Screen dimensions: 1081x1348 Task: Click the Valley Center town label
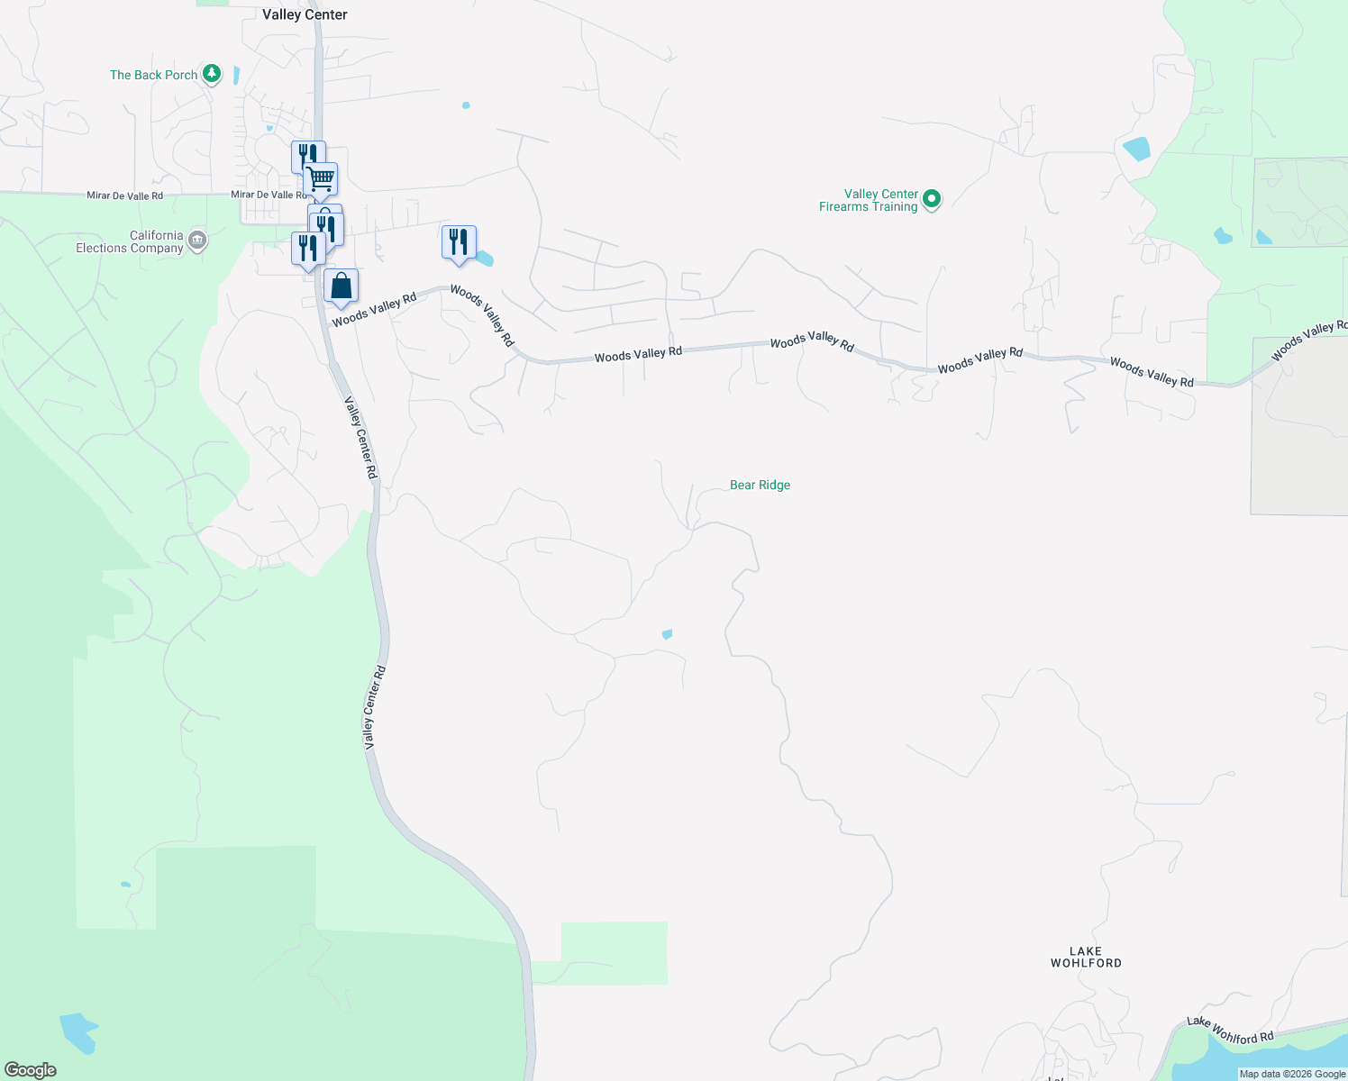305,14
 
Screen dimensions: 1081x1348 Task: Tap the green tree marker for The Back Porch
212,74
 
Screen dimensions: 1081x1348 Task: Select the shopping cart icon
321,178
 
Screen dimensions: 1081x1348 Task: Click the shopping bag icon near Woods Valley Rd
342,286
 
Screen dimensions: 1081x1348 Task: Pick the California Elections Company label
130,241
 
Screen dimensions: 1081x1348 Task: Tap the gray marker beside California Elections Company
198,241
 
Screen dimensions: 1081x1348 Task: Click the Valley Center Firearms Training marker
933,198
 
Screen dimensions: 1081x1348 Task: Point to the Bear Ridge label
760,485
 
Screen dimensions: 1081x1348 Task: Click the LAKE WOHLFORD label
1086,957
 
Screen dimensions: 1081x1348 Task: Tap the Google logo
31,1069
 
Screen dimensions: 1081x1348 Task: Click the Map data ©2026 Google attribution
1292,1074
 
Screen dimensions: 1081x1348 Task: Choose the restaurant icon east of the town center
459,243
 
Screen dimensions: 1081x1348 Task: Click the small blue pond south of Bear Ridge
667,634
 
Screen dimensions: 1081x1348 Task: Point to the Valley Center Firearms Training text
869,200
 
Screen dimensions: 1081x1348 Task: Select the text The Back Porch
153,75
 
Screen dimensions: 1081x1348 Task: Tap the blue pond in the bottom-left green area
78,1031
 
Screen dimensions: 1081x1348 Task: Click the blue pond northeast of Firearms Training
1137,149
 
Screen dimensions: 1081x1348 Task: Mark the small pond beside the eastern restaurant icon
485,259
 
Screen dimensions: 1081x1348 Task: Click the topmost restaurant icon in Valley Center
307,156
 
